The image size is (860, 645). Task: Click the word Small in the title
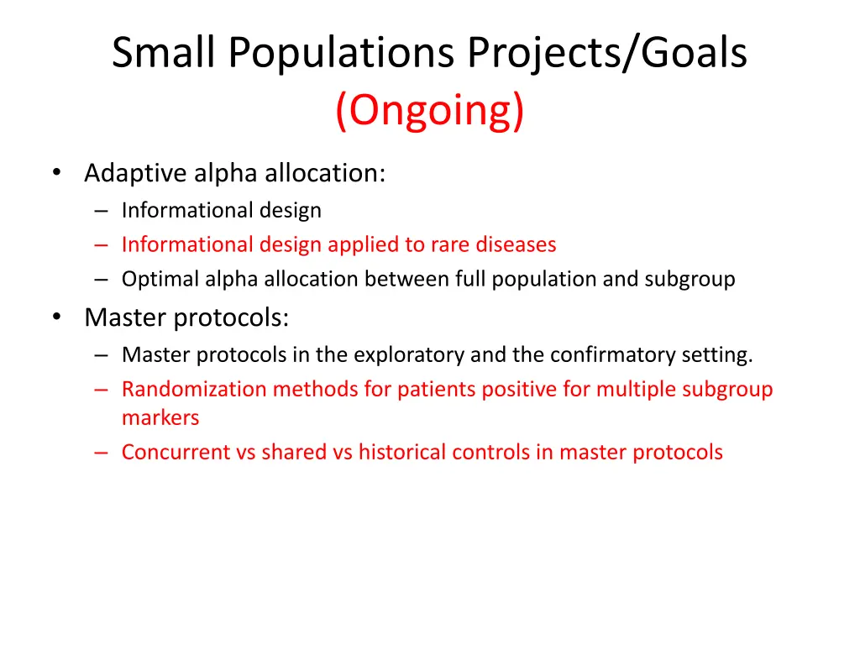(x=163, y=52)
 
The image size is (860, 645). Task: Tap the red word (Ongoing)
(x=430, y=110)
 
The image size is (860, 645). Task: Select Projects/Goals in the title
(x=607, y=54)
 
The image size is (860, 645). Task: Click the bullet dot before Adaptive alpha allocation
(x=57, y=173)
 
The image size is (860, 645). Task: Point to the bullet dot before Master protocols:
(x=57, y=317)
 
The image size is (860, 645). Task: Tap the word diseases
(x=517, y=244)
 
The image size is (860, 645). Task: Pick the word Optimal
(x=160, y=279)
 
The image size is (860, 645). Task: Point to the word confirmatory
(x=612, y=355)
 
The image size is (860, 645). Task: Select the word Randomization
(x=194, y=389)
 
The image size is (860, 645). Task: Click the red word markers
(x=160, y=418)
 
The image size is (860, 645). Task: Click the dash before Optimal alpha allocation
(x=101, y=279)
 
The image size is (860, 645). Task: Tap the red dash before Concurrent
(x=101, y=453)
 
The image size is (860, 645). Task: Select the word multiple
(x=636, y=390)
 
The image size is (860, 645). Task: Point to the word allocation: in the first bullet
(x=325, y=173)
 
